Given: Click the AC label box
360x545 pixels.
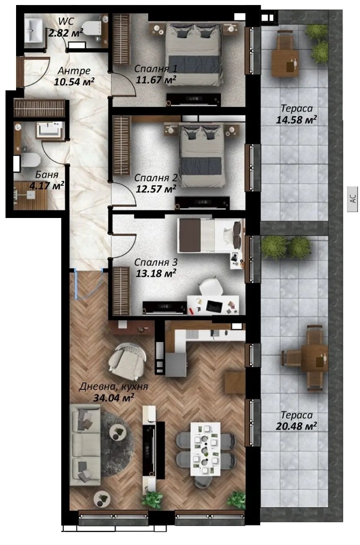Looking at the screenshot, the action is click(x=352, y=199).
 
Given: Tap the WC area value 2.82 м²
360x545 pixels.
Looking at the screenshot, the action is click(x=66, y=33).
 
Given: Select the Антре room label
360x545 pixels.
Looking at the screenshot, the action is click(x=74, y=71).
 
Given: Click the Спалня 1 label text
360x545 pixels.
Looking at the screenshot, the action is click(x=156, y=68).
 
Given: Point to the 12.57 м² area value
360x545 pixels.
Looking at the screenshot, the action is click(x=156, y=189).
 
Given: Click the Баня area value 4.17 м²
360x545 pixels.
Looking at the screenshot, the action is click(x=47, y=186).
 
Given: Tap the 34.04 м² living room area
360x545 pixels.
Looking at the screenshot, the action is click(x=113, y=398).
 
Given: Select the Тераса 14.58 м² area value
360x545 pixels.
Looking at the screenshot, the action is click(x=296, y=120).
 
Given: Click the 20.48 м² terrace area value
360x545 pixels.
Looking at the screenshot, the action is click(x=296, y=426).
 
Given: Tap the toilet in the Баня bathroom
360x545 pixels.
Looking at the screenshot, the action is click(x=30, y=160).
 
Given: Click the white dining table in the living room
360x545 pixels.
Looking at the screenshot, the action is click(x=205, y=449).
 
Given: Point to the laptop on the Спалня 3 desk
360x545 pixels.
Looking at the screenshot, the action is click(x=214, y=306).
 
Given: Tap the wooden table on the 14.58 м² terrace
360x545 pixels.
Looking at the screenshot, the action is click(x=285, y=63).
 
